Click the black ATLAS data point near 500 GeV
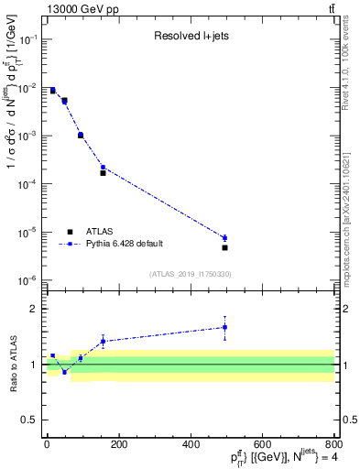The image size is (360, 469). point(224,247)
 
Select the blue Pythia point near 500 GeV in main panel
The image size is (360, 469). point(224,238)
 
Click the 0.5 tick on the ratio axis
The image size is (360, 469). point(29,420)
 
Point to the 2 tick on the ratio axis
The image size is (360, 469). point(34,309)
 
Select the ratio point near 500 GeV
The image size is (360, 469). point(224,327)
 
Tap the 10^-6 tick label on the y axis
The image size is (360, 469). point(26,280)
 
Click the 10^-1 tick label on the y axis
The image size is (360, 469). point(26,39)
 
